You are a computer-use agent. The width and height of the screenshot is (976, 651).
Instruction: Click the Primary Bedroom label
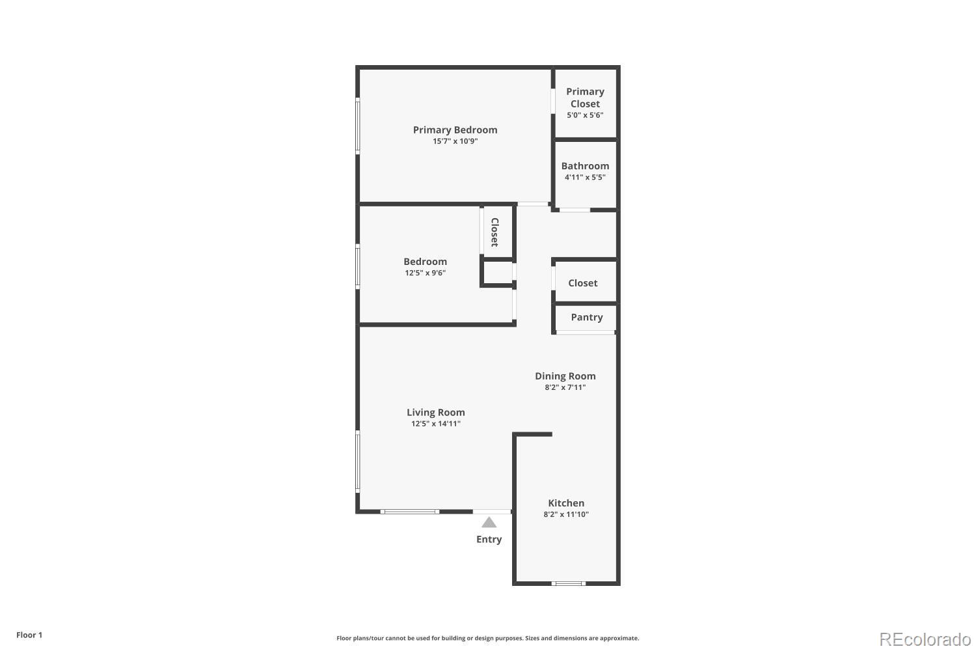(455, 130)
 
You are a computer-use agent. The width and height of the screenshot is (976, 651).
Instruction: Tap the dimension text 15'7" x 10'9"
(455, 141)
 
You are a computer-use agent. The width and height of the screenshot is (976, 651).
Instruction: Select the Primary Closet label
(585, 98)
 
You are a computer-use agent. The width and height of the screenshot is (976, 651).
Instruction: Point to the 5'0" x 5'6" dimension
(585, 115)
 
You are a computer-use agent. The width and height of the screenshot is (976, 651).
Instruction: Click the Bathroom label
(585, 166)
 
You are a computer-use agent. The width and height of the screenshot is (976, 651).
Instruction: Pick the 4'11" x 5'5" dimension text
(585, 177)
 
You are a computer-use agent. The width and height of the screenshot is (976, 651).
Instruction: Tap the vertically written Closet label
(495, 232)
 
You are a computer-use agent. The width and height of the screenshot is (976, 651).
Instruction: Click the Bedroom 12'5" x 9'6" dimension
(425, 273)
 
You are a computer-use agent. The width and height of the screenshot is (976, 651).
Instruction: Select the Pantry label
(586, 317)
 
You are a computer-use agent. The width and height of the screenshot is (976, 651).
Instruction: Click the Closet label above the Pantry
(582, 283)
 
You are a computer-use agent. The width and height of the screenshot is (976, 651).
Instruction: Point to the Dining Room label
(565, 376)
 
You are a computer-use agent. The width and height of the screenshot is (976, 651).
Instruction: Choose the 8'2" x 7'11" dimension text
(565, 387)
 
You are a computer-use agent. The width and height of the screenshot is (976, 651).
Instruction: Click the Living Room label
(435, 412)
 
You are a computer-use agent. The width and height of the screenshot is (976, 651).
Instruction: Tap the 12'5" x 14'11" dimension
(435, 424)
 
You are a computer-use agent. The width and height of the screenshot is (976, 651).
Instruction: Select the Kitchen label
(566, 503)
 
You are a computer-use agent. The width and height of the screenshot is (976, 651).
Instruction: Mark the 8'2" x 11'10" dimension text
(566, 514)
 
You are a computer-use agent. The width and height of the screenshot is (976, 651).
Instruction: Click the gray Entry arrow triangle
(489, 523)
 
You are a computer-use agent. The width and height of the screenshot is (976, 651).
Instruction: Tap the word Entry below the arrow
(489, 540)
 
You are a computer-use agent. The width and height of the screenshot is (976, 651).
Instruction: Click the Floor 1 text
(29, 635)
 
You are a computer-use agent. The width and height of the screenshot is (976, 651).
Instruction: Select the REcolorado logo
(925, 639)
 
